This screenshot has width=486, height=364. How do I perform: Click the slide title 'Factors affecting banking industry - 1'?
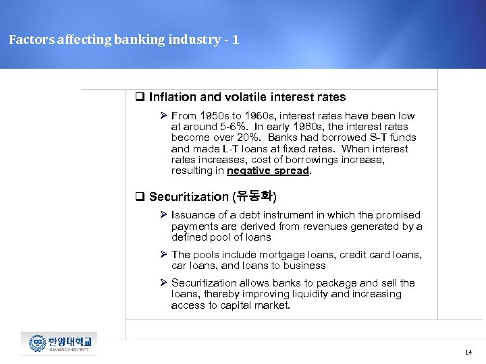(124, 40)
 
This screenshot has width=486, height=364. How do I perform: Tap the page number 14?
(468, 352)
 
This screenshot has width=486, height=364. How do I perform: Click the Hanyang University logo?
(59, 344)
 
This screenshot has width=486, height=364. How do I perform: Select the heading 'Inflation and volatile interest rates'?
(247, 97)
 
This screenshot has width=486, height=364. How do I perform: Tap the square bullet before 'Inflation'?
(140, 97)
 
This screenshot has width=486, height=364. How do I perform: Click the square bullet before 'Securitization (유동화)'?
(140, 197)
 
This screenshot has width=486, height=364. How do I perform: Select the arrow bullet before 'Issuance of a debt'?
(163, 215)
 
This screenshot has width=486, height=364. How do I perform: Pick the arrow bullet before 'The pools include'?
(163, 255)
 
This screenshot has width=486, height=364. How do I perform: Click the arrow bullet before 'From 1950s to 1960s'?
(163, 116)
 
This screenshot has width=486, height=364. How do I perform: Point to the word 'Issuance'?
(194, 215)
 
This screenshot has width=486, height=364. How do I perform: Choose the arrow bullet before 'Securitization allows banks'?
(163, 283)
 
